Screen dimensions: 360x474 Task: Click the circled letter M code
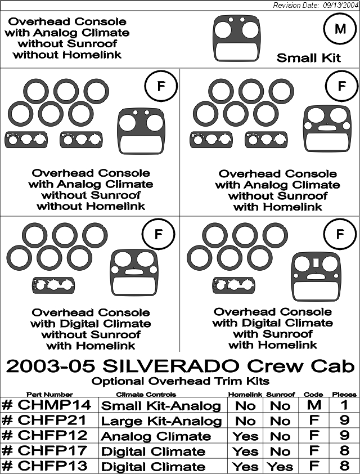click(x=340, y=29)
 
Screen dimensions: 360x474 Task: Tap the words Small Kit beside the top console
click(x=308, y=58)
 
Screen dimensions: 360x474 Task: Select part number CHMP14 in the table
click(x=47, y=405)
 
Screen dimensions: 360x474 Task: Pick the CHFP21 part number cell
click(x=44, y=420)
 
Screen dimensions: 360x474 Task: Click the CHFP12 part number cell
click(x=44, y=435)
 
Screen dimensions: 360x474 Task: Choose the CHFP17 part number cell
click(x=44, y=450)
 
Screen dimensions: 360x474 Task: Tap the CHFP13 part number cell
click(x=44, y=465)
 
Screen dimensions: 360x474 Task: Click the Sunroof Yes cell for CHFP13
click(x=280, y=467)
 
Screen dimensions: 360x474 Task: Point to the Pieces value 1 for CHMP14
click(x=344, y=405)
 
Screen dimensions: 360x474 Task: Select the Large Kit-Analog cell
click(x=161, y=421)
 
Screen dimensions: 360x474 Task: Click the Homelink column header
click(x=245, y=395)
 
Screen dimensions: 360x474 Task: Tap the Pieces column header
click(x=344, y=395)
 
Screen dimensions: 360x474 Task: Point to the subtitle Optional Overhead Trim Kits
click(x=181, y=381)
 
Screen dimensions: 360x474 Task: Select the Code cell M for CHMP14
click(x=314, y=405)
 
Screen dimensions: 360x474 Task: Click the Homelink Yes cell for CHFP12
click(x=245, y=436)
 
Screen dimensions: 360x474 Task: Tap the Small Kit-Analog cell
click(x=161, y=406)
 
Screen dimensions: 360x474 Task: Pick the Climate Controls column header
click(x=146, y=395)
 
